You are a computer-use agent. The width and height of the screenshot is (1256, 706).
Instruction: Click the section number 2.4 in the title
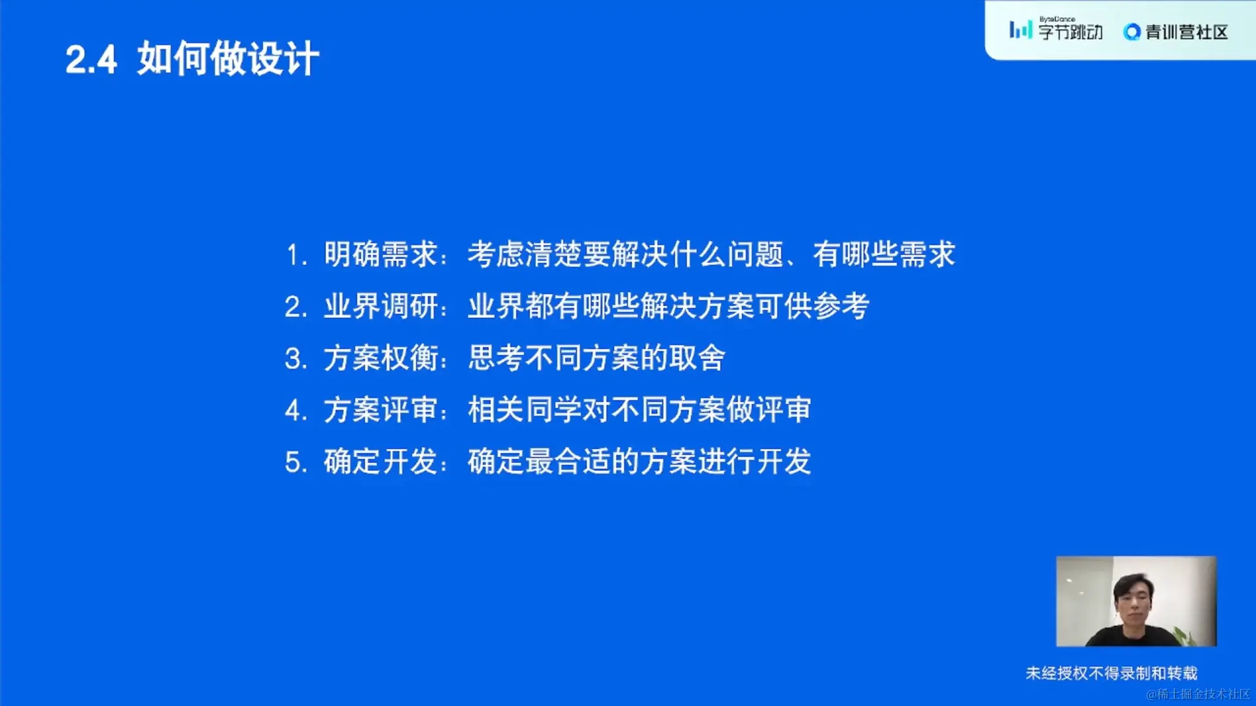91,59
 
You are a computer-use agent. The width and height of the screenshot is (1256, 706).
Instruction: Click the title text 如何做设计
228,59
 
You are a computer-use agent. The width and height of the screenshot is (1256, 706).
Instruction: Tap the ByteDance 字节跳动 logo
1056,29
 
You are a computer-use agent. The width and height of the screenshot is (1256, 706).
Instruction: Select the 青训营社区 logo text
1176,31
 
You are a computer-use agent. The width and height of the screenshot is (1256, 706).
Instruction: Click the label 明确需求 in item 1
381,254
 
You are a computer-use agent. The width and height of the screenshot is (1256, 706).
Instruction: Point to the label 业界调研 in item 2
381,306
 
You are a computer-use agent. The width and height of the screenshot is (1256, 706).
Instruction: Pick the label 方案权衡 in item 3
381,358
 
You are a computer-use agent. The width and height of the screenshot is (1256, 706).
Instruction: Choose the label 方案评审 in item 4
381,410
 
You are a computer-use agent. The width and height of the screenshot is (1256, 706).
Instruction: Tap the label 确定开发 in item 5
381,462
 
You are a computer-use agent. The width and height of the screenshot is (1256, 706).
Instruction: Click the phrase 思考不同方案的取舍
597,358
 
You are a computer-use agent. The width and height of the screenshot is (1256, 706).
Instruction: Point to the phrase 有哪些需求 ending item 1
884,254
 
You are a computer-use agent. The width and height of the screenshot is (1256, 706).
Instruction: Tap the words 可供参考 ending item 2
812,306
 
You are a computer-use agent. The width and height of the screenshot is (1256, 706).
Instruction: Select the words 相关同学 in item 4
525,410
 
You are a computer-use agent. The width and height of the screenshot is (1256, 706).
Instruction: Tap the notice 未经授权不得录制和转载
1111,673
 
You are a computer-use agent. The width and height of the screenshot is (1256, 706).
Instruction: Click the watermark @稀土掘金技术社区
1198,694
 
